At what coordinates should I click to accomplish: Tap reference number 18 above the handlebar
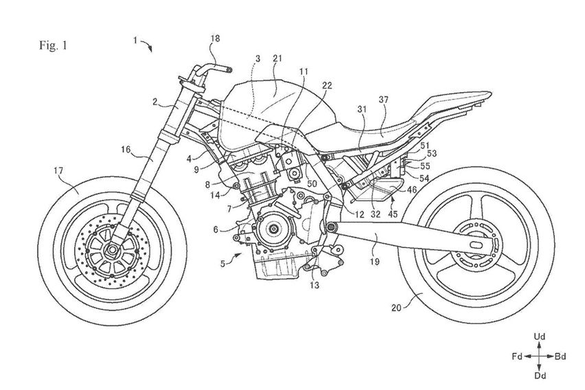coord(215,40)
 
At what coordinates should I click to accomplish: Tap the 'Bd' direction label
coord(561,356)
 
